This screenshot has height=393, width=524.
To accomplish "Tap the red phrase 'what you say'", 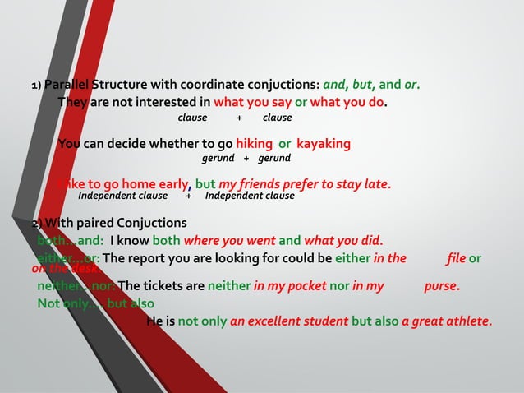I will pyautogui.click(x=252, y=103).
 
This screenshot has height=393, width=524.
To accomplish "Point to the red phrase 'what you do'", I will pyautogui.click(x=348, y=103).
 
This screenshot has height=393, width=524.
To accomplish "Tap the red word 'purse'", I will pyautogui.click(x=441, y=287).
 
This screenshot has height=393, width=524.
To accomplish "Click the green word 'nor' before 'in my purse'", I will pyautogui.click(x=340, y=287).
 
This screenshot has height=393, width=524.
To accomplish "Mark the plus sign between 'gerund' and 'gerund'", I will pyautogui.click(x=246, y=157).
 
